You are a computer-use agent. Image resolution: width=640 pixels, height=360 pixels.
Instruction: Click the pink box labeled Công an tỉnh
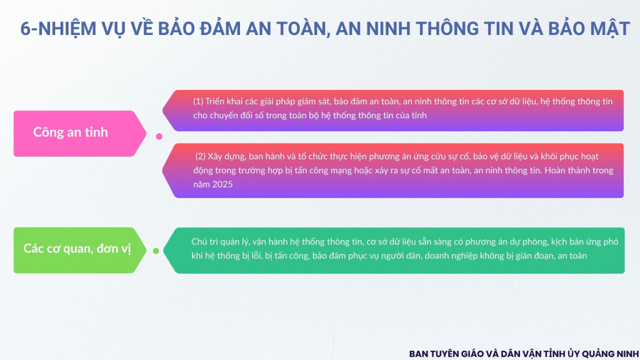[x=79, y=134]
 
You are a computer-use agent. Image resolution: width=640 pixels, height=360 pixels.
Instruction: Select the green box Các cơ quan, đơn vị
[x=79, y=250]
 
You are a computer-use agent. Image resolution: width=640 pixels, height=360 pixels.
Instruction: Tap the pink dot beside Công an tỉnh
[x=159, y=136]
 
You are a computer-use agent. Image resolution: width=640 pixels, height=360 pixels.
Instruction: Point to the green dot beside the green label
[x=156, y=251]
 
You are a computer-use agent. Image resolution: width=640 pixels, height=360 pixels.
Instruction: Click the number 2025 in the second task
[x=222, y=184]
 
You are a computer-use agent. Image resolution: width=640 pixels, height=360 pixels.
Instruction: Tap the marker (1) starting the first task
[x=198, y=101]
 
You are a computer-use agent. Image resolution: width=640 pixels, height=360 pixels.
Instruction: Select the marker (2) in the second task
[x=200, y=156]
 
